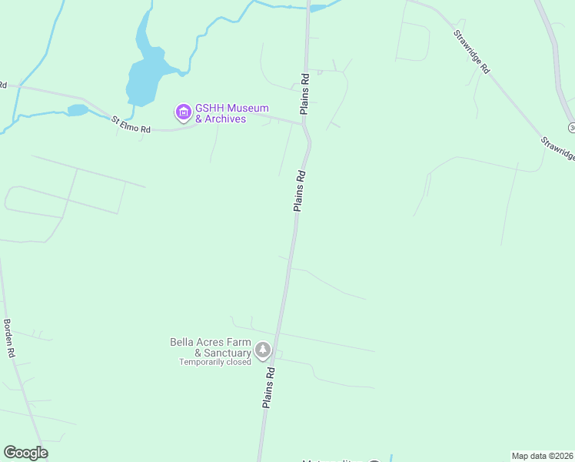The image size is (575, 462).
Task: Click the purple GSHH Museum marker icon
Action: pos(183,113)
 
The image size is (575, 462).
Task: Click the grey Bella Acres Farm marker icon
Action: pos(263,351)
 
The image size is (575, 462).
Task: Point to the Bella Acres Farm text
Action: pos(211,342)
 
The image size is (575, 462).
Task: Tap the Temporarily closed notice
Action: pos(215,362)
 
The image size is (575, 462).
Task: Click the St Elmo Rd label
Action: pos(130,124)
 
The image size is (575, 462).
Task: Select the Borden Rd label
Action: pos(9,339)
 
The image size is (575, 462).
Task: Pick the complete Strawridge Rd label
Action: pos(471,52)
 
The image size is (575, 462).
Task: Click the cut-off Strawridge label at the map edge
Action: pos(559,148)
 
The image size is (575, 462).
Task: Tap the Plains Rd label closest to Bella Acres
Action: pos(269,387)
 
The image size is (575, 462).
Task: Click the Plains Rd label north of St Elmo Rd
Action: pos(305,93)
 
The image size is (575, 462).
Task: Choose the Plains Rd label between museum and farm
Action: pos(300,190)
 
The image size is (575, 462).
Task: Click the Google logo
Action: pos(25,453)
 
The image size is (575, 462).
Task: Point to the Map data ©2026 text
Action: pos(543,456)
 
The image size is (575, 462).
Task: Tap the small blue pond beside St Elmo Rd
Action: pos(78,110)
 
